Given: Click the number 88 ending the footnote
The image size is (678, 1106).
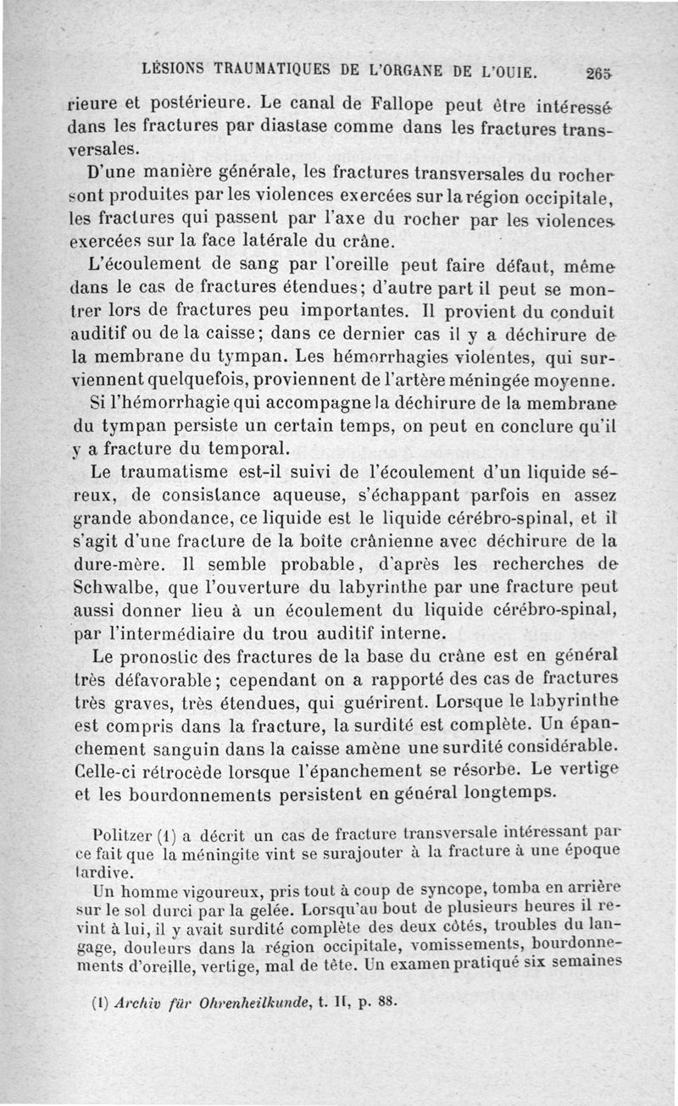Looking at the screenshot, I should tap(386, 1003).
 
